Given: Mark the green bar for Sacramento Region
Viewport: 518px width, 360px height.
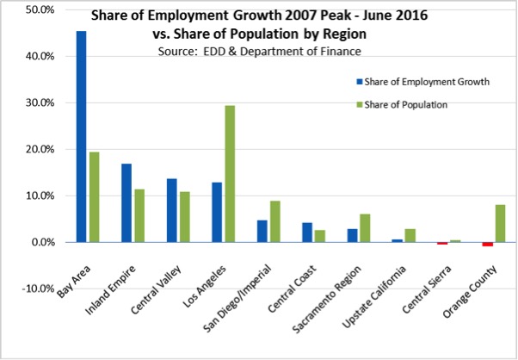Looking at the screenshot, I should point(364,227).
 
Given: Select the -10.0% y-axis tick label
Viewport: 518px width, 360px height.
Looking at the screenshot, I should point(39,289).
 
